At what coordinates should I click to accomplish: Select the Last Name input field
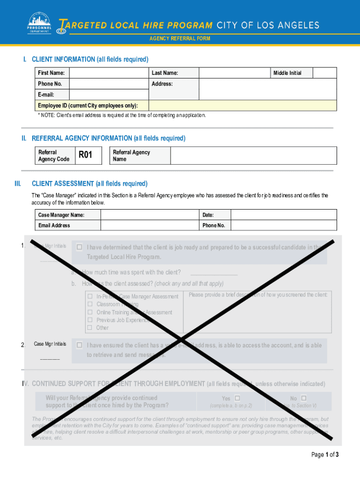tap(235, 73)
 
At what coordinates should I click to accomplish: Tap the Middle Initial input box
tap(324, 73)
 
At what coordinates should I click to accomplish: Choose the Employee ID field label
tap(88, 105)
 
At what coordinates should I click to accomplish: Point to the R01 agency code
tap(86, 155)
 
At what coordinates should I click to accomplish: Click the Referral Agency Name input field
tap(253, 155)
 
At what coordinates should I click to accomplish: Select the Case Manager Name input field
tap(150, 215)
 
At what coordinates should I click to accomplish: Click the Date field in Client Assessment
tap(283, 215)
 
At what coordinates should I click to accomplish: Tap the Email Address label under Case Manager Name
tap(54, 225)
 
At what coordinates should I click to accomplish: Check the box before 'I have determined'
tap(79, 247)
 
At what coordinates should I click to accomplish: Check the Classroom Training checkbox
tap(90, 304)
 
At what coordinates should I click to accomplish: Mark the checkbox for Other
tap(90, 327)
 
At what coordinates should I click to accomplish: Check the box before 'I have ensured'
tap(79, 345)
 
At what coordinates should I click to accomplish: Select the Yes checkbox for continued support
tap(237, 398)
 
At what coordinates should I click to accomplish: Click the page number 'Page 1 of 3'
tap(324, 455)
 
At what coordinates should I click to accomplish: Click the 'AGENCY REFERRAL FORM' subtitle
tap(180, 38)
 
